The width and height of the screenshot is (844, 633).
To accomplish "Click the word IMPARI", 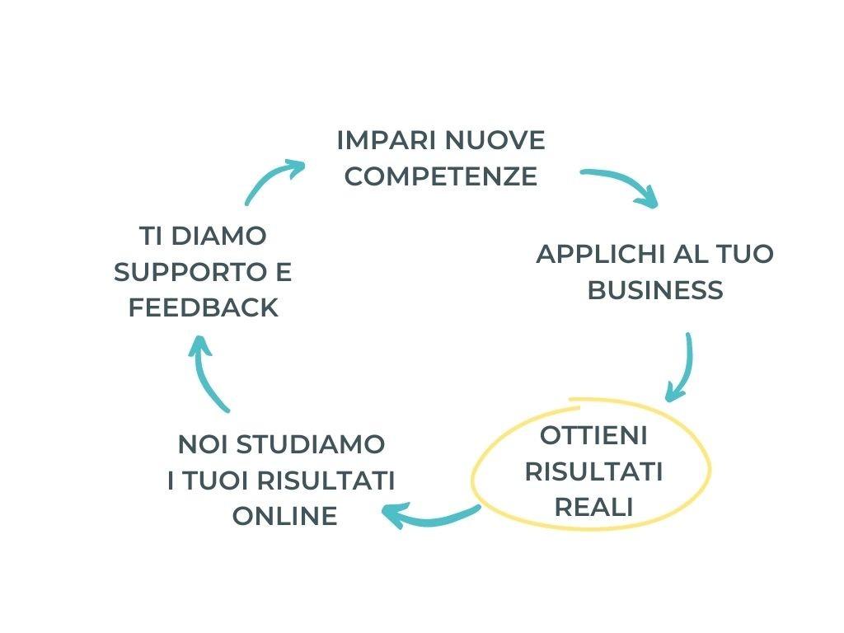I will click(x=376, y=140).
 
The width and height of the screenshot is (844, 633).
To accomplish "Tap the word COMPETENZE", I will click(x=441, y=176).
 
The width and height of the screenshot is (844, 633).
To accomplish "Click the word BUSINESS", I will click(x=655, y=290).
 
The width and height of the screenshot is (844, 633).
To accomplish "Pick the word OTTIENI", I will click(x=593, y=435).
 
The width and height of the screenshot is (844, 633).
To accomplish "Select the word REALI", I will click(x=593, y=508).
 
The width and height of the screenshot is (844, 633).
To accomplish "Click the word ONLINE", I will click(x=284, y=516).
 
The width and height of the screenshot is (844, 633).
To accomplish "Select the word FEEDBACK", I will click(x=204, y=308).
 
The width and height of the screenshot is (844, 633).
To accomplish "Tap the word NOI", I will click(x=203, y=444).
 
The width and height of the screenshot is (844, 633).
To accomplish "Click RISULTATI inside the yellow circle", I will click(x=593, y=471).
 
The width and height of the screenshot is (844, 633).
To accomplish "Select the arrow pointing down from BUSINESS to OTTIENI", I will click(x=682, y=367).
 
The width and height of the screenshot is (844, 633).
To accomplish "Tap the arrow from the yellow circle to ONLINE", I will click(x=429, y=517).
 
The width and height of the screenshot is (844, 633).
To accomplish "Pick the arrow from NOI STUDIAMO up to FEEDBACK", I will click(x=206, y=371).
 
